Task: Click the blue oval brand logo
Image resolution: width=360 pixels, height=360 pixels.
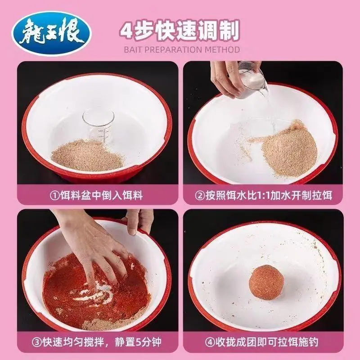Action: pos(51,33)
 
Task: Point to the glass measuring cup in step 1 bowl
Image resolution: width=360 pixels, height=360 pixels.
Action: pos(98,125)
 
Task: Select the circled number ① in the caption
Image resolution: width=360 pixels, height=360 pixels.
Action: pos(54,196)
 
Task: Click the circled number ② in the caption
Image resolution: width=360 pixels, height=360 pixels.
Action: pos(200,196)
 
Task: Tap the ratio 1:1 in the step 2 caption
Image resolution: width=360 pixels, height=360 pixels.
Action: pos(262,196)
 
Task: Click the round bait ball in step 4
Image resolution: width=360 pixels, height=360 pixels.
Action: pos(266,282)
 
